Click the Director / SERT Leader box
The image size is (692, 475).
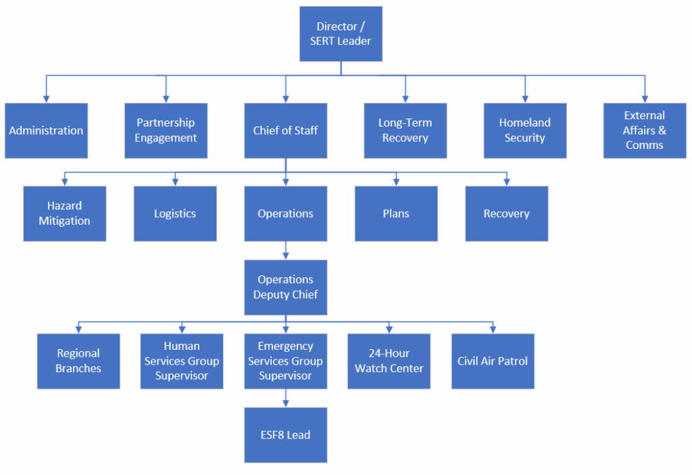click(341, 34)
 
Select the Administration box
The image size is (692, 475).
click(46, 131)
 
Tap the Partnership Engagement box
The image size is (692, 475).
click(166, 131)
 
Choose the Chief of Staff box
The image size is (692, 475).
click(285, 131)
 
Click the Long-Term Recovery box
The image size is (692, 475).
click(405, 131)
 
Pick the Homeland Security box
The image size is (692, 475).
click(524, 131)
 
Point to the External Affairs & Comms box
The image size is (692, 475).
click(644, 131)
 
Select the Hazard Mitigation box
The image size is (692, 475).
click(64, 213)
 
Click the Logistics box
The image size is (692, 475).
click(175, 213)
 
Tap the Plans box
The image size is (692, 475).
click(396, 213)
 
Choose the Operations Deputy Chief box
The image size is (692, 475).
click(285, 287)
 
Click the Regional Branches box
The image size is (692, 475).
click(78, 361)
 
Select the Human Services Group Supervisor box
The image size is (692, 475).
click(182, 361)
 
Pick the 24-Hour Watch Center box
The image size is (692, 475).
click(389, 361)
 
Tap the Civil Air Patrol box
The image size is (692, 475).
click(493, 361)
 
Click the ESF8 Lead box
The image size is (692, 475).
click(285, 434)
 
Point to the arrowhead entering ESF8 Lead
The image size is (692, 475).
click(285, 403)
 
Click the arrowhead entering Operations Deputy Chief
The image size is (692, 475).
click(285, 256)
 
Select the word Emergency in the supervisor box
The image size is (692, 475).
click(285, 346)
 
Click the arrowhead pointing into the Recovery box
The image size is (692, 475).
click(506, 182)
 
